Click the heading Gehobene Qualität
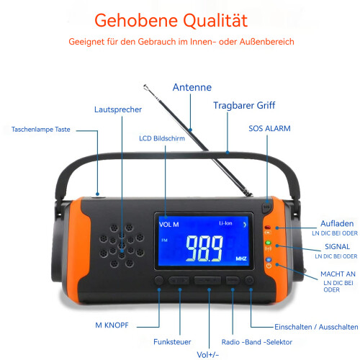[x=171, y=21]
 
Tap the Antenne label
[x=192, y=87]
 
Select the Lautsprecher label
[x=118, y=109]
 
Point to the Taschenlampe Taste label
[x=41, y=130]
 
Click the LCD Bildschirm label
[x=162, y=138]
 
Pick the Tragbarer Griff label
[x=244, y=106]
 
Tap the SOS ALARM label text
[x=269, y=129]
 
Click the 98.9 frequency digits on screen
[x=204, y=248]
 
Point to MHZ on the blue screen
[x=241, y=258]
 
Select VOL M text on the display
[x=169, y=225]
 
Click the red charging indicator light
[x=268, y=227]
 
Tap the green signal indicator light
[x=268, y=243]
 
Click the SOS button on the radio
[x=266, y=207]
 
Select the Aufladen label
[x=337, y=224]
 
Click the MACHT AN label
[x=338, y=274]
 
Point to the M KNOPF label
[x=112, y=325]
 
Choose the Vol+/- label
[x=208, y=355]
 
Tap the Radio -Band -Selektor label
[x=257, y=342]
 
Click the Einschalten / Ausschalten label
[x=316, y=327]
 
